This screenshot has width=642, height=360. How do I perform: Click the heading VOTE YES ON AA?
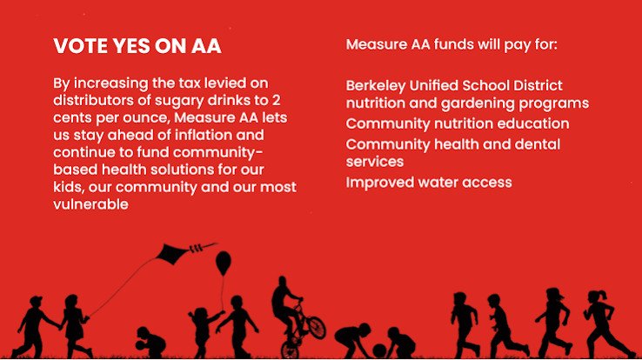pyautogui.click(x=137, y=46)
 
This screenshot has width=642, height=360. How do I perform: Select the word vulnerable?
pyautogui.click(x=90, y=204)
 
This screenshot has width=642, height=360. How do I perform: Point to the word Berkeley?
pyautogui.click(x=376, y=86)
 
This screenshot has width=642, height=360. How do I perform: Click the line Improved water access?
pyautogui.click(x=429, y=183)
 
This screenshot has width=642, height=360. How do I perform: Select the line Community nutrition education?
pyautogui.click(x=458, y=123)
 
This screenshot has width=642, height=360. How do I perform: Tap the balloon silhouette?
pyautogui.click(x=224, y=263)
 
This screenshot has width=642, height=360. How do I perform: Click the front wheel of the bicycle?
pyautogui.click(x=317, y=327)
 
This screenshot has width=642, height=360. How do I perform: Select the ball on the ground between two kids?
pyautogui.click(x=379, y=350)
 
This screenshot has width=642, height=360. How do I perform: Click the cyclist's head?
pyautogui.click(x=282, y=283)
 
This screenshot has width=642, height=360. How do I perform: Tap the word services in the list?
pyautogui.click(x=375, y=162)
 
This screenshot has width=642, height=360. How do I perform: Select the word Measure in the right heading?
pyautogui.click(x=376, y=44)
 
